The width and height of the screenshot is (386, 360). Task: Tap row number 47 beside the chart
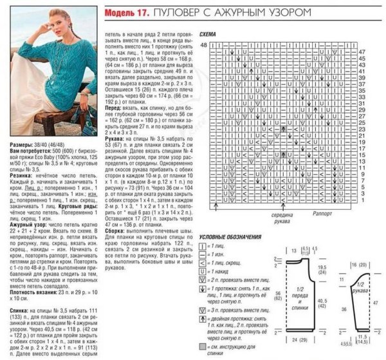coord(362,51)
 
